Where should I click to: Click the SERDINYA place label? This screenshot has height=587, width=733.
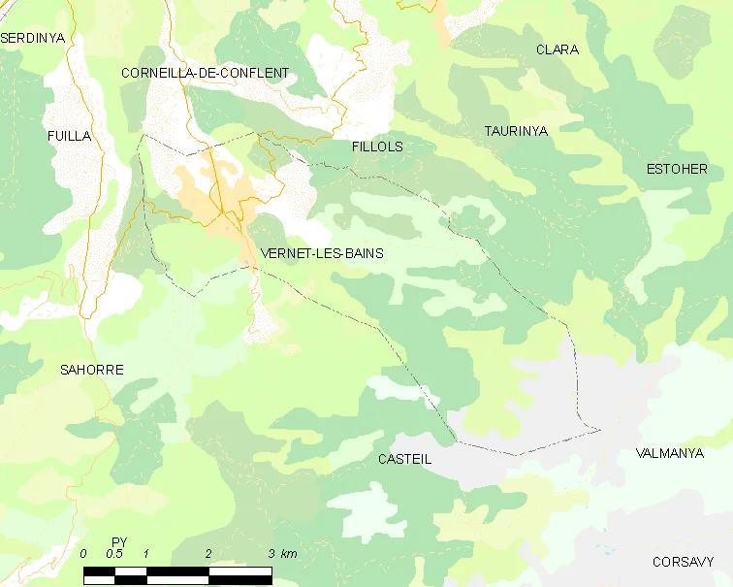(32, 38)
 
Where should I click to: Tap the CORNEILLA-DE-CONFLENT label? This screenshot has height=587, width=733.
(205, 73)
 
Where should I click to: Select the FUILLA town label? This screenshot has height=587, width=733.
(69, 137)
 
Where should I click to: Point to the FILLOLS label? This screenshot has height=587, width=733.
(377, 147)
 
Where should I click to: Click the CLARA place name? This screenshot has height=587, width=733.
(558, 49)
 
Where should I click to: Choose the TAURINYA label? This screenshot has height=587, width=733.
(516, 130)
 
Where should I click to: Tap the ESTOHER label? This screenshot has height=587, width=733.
(677, 169)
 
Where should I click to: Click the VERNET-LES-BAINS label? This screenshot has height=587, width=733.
(322, 253)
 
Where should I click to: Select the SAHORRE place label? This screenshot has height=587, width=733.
(92, 370)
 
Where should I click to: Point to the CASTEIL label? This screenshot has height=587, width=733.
(403, 459)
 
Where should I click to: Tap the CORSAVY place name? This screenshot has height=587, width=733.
(683, 562)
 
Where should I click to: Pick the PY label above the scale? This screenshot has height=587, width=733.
(119, 540)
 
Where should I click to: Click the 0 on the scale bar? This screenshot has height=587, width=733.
(84, 553)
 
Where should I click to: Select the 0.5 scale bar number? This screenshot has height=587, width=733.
(113, 553)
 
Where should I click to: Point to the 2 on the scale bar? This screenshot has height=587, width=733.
(208, 553)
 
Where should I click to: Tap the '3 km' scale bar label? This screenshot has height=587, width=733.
(283, 553)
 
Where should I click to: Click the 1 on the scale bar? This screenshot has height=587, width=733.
(145, 553)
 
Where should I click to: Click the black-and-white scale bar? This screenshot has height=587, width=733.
(177, 574)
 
